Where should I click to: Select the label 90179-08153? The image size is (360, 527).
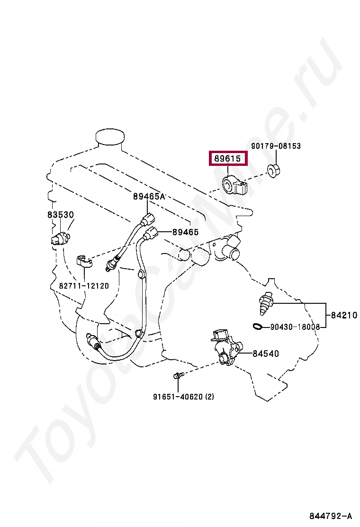click(x=276, y=146)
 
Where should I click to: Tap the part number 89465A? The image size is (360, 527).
click(x=148, y=196)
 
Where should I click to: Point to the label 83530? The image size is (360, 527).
click(x=60, y=215)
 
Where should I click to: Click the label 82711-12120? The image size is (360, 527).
click(x=84, y=286)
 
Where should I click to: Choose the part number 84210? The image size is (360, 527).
click(x=343, y=315)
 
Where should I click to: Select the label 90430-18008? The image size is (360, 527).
click(x=295, y=327)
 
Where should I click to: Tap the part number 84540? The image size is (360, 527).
click(x=265, y=353)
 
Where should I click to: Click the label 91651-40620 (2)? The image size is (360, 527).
click(x=183, y=397)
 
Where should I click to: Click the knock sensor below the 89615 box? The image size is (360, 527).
click(x=234, y=185)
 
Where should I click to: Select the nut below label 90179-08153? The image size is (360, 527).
click(x=273, y=170)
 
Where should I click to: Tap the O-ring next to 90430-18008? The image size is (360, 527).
click(x=258, y=326)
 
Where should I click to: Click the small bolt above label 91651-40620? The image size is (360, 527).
click(x=178, y=376)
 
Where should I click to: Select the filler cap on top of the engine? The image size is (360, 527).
click(x=109, y=136)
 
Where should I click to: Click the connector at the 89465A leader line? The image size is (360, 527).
click(x=147, y=219)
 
